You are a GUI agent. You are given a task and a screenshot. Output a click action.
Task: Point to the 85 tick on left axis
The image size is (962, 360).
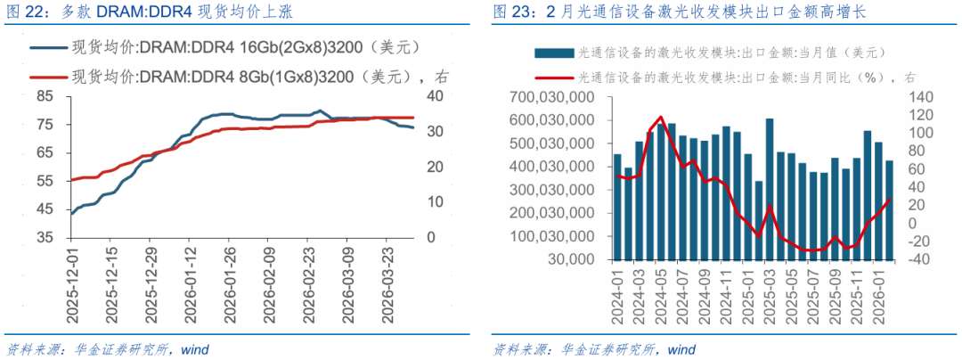[x=42, y=94]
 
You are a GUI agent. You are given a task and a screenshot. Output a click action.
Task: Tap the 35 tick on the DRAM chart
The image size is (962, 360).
[x=42, y=238]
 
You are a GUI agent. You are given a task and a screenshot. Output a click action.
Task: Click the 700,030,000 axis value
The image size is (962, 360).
[x=552, y=96]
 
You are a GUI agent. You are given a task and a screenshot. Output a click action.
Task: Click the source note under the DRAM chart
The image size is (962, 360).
[x=107, y=348]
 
